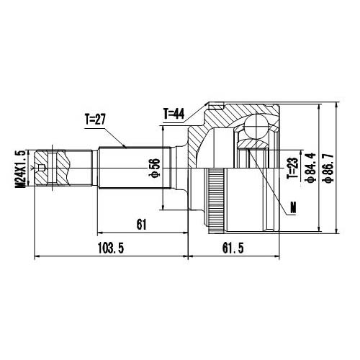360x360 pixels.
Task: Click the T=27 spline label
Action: (96, 120)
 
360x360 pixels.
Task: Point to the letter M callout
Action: (292, 208)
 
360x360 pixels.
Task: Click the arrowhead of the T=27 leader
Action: (127, 147)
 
